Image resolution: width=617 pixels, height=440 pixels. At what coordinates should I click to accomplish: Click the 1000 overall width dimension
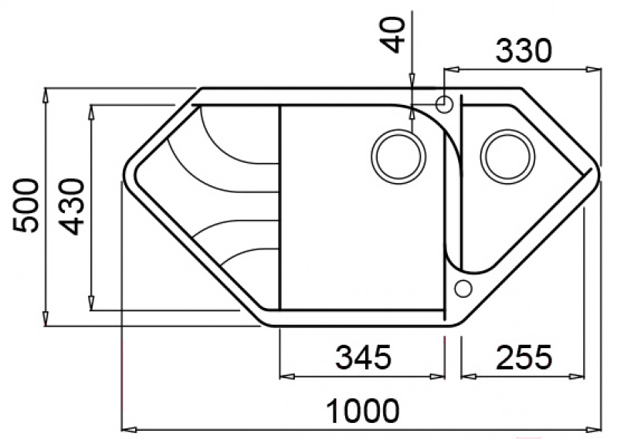pos(363,411)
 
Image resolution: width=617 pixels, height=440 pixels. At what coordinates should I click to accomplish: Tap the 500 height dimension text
pos(26,205)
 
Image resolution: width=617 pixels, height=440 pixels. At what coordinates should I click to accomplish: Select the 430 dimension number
pos(72,207)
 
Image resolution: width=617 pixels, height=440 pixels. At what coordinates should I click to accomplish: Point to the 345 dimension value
pos(363,357)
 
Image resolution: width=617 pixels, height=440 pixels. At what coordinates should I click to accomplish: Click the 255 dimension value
pos(524,357)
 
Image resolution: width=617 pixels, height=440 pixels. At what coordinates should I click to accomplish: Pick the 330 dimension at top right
pos(524,51)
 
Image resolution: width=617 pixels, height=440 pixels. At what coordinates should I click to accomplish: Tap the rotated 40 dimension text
pos(394,35)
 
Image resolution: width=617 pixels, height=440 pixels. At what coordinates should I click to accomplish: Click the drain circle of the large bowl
pos(398,157)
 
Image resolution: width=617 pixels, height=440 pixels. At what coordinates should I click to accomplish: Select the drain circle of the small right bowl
pos(507,157)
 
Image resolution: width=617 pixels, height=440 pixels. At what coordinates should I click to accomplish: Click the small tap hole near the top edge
pos(444,104)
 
